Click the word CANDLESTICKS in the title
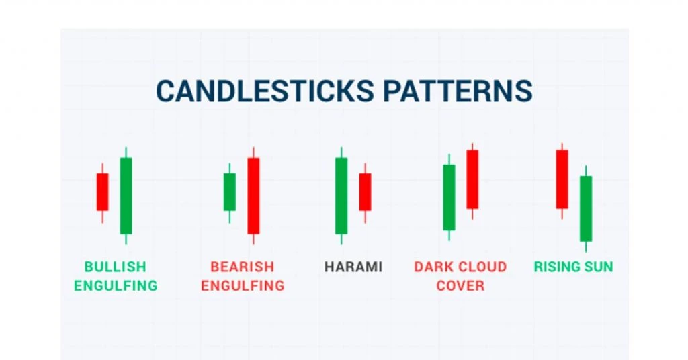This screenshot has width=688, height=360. point(265,91)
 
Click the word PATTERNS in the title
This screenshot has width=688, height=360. point(458,91)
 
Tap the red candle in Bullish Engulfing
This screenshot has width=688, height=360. point(102,192)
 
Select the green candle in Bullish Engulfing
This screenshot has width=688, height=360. point(126,195)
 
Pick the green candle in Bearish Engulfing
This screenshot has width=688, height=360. point(230,192)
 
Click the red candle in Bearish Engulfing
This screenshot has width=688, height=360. point(253,195)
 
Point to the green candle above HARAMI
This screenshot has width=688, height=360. point(341,195)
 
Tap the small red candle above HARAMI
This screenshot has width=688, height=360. point(365,192)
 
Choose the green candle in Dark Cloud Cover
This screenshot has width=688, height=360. point(449,197)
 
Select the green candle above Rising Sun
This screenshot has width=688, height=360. point(586,209)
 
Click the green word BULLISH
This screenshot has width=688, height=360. point(116,267)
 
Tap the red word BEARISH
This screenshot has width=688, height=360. point(242,267)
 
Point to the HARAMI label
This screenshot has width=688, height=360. point(353,267)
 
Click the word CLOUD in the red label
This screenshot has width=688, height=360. point(482,267)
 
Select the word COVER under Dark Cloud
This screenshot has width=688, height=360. point(460,286)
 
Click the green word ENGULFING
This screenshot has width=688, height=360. point(116,286)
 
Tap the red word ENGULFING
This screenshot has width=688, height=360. point(243,286)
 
